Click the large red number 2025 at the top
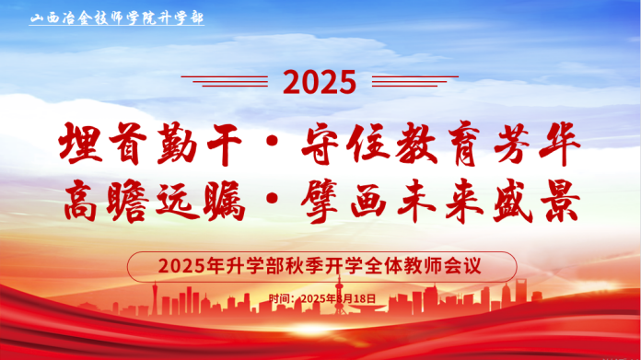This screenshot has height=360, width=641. (319, 83)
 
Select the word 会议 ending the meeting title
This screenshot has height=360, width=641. (467, 266)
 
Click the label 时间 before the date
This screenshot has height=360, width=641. (281, 298)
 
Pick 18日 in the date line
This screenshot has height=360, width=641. (366, 298)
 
